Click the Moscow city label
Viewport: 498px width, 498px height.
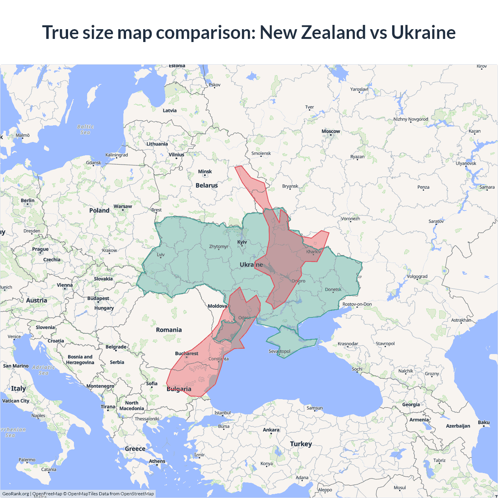click(331, 132)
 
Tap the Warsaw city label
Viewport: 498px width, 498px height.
click(123, 207)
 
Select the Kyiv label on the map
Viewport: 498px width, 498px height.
click(242, 242)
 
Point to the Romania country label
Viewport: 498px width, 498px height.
click(169, 330)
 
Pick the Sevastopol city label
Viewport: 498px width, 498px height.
click(279, 351)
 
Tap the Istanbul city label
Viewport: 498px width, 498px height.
click(223, 413)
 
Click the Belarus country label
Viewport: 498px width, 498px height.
click(207, 186)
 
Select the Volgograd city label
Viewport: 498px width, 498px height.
click(417, 277)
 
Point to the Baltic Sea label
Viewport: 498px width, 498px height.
click(86, 130)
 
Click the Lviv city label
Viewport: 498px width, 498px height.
click(161, 255)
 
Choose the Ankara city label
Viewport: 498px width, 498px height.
click(271, 430)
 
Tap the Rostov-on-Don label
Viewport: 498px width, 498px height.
click(357, 304)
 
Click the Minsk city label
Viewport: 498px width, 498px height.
click(205, 172)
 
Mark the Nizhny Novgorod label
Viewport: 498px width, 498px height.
click(410, 119)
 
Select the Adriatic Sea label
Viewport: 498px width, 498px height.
click(44, 370)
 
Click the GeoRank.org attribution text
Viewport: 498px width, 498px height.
click(16, 494)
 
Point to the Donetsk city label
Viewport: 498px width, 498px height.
click(333, 289)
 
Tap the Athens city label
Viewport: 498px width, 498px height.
click(157, 461)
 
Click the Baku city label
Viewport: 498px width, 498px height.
click(484, 423)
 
